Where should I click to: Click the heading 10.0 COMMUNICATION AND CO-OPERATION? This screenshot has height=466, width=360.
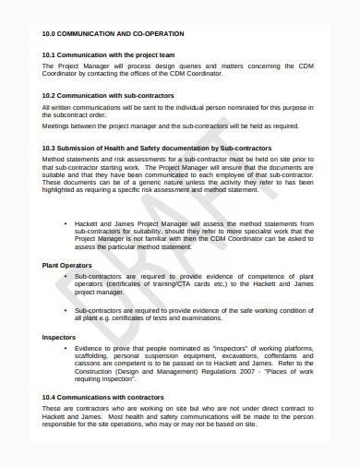tap(113, 34)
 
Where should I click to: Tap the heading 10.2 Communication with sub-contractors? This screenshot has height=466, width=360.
tap(117, 95)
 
